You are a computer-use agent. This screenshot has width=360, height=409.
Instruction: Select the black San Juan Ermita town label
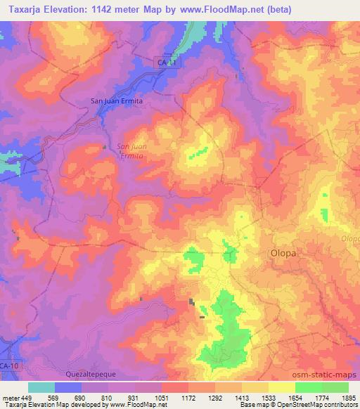[x=117, y=100]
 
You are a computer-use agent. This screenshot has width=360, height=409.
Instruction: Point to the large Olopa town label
[x=284, y=252]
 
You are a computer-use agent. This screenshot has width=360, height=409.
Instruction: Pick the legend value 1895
[x=348, y=397]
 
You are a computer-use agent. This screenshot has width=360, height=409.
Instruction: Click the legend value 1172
[x=188, y=397]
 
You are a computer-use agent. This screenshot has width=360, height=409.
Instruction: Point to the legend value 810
[x=108, y=397]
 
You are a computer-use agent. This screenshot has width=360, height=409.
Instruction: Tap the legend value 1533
[x=268, y=397]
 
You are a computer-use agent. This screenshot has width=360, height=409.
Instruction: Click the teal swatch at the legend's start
[x=41, y=387]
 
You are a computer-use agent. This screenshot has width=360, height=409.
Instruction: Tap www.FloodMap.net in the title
[x=221, y=9]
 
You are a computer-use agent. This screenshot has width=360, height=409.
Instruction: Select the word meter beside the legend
[x=11, y=397]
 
